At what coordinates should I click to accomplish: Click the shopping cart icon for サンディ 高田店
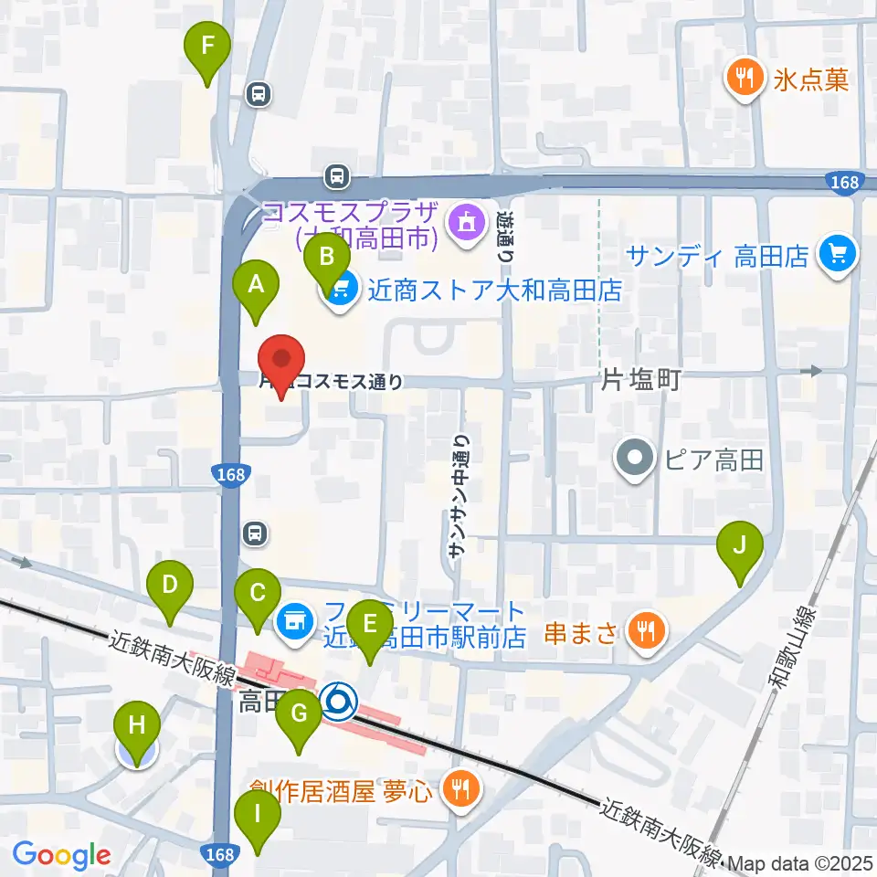point(838,254)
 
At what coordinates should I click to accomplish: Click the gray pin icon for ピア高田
point(636,458)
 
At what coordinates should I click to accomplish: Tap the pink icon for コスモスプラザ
point(465,222)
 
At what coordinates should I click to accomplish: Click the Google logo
point(61,855)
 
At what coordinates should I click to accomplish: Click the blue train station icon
point(339,702)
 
